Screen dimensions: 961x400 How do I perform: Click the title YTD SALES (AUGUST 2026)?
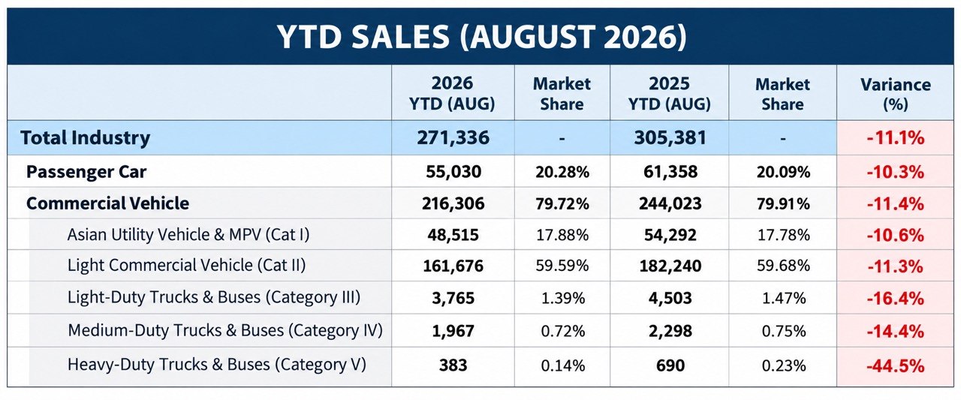[481, 37]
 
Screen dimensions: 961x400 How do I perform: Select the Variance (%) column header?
[896, 94]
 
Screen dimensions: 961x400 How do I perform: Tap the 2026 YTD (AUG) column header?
[452, 94]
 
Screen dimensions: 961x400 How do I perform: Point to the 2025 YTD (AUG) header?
[669, 94]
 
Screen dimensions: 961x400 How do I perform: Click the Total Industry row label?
[85, 137]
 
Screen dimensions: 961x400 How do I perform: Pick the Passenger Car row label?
[86, 172]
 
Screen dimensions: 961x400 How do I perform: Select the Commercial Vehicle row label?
[107, 203]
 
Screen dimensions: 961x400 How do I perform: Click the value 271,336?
[453, 137]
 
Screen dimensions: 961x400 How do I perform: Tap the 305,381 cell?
[670, 137]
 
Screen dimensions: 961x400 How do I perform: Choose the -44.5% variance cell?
[896, 365]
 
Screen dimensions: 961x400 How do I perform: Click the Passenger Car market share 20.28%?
[562, 173]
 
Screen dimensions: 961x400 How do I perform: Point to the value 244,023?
[670, 203]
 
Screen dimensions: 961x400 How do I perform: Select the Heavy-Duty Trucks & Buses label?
[217, 365]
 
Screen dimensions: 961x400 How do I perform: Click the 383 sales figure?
[453, 365]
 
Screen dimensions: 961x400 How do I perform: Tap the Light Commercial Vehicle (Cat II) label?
[186, 266]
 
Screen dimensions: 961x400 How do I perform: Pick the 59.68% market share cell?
[783, 266]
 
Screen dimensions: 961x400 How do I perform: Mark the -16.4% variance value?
[896, 299]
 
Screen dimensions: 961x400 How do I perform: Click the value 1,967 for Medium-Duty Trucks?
[453, 332]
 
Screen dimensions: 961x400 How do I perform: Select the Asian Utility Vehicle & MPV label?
[188, 235]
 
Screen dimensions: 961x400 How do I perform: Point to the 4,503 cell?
[670, 299]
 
